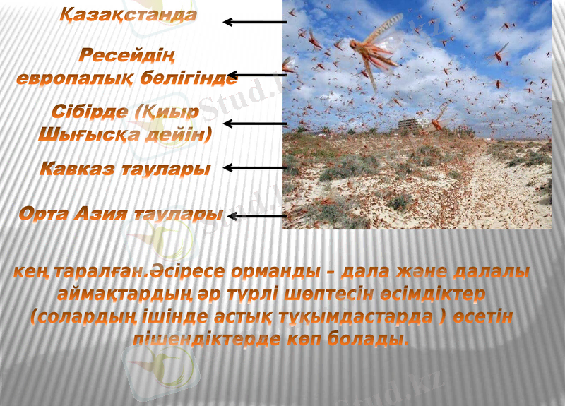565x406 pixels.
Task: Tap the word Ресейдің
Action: (127, 55)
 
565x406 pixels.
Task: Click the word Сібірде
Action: (88, 112)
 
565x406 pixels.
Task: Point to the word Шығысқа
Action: (83, 133)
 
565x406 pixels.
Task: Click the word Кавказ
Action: (75, 169)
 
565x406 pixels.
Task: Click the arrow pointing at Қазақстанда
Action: (254, 22)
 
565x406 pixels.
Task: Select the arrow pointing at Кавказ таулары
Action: (253, 168)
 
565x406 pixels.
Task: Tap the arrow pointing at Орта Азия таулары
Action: (256, 216)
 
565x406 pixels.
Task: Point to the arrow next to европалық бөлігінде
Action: (256, 74)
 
